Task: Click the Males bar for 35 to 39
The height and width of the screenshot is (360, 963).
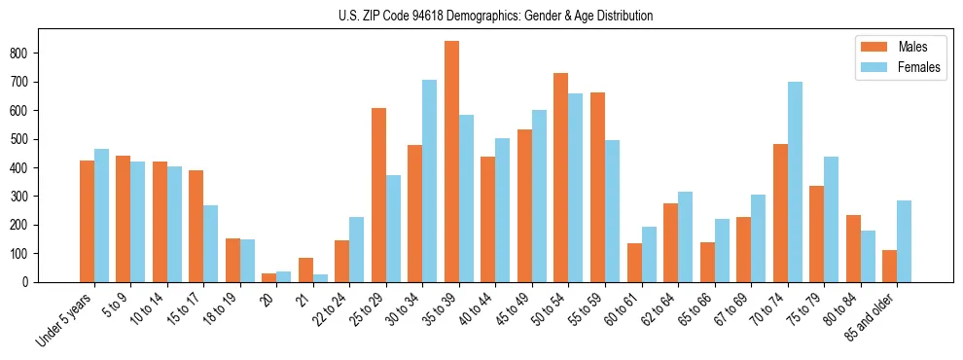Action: tap(451, 162)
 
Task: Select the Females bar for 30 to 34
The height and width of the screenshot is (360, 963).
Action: tap(429, 181)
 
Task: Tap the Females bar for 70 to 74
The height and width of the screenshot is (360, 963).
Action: tap(794, 182)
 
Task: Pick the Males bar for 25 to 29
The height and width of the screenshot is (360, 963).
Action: tap(378, 195)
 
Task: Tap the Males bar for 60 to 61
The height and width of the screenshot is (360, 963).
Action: tap(633, 263)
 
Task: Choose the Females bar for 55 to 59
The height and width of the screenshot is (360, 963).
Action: tap(612, 211)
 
